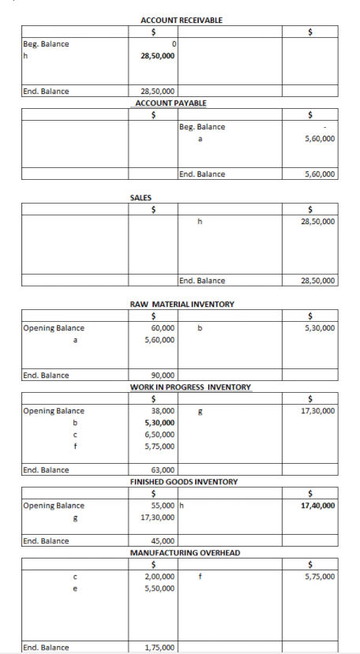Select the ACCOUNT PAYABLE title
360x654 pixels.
click(171, 103)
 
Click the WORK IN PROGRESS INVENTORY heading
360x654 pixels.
click(190, 387)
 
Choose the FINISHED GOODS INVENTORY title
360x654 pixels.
click(183, 481)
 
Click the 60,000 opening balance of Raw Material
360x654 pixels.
click(163, 328)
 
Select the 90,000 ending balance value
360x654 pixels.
click(163, 376)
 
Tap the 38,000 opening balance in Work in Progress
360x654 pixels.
click(163, 411)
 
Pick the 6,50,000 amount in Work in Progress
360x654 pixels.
click(159, 435)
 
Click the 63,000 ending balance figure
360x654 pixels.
click(163, 470)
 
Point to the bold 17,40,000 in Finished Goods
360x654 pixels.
click(317, 506)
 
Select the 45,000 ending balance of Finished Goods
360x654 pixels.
click(163, 541)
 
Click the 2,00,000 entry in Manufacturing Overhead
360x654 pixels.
click(159, 577)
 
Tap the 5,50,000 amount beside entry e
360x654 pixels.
click(159, 589)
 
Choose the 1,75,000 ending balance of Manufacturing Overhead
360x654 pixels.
click(159, 648)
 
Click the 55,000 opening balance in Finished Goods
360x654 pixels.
click(163, 506)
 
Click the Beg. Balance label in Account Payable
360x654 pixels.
click(202, 127)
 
